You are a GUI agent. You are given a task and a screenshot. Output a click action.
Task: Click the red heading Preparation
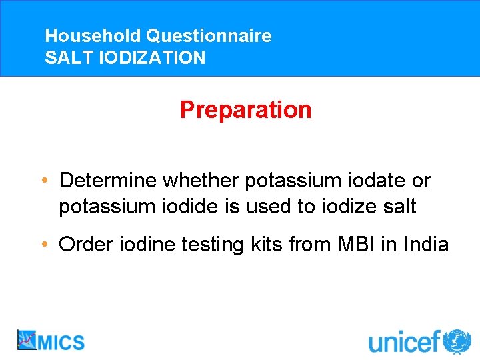[x=245, y=110]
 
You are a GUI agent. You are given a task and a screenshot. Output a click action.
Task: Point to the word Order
[x=83, y=245]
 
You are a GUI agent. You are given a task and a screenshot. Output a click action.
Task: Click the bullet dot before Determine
[x=43, y=181]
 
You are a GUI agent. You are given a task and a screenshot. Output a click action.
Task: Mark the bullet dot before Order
[x=43, y=245]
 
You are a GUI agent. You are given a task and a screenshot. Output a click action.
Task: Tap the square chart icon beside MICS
[x=27, y=340]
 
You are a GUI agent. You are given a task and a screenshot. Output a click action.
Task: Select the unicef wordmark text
[x=405, y=343]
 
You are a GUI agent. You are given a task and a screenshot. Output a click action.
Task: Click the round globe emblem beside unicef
[x=457, y=341]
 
